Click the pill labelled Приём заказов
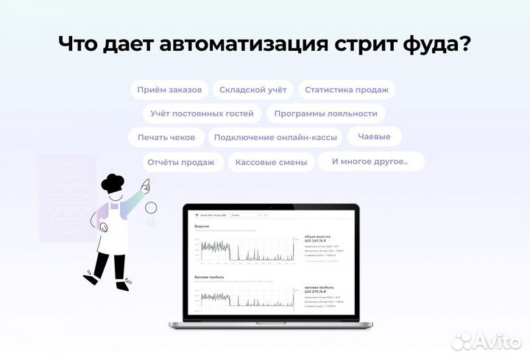[170, 90]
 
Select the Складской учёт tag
[253, 90]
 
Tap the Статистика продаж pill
[346, 90]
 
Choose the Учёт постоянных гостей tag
[202, 113]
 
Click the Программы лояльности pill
[325, 113]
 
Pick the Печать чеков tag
[166, 138]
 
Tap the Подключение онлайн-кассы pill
[276, 138]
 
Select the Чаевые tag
[374, 136]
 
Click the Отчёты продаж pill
[181, 162]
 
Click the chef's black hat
[113, 183]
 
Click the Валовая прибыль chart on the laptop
[244, 296]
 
